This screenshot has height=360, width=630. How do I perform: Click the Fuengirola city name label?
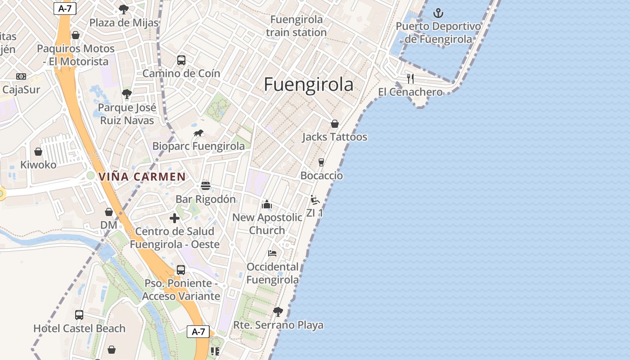click(308, 85)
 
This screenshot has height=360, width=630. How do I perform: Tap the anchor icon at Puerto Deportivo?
click(438, 13)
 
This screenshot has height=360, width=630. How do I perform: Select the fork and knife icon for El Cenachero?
click(410, 79)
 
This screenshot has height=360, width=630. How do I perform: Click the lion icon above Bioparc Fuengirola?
click(198, 133)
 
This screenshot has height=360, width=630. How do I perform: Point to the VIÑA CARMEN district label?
click(142, 177)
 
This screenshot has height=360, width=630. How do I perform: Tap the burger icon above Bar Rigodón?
click(206, 186)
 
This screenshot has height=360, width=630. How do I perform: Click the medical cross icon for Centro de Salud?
click(175, 219)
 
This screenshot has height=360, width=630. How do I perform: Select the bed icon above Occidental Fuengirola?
click(272, 253)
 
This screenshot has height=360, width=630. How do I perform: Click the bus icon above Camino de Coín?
click(181, 60)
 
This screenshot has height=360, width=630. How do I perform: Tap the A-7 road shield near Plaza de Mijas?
click(64, 8)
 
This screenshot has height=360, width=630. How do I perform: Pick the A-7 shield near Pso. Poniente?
click(198, 332)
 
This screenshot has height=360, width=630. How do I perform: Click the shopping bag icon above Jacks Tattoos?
click(335, 124)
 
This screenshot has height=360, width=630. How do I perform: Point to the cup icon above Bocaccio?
click(321, 162)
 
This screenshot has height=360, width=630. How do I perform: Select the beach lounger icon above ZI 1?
click(315, 200)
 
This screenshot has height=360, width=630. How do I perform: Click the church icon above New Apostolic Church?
click(267, 205)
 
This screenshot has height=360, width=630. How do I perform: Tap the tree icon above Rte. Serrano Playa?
click(278, 311)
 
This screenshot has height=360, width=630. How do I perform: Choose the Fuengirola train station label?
click(296, 26)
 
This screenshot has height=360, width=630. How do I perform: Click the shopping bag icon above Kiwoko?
click(38, 152)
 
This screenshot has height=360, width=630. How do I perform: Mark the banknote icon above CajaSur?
click(21, 76)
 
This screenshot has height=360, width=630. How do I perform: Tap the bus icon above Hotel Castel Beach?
click(79, 315)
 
